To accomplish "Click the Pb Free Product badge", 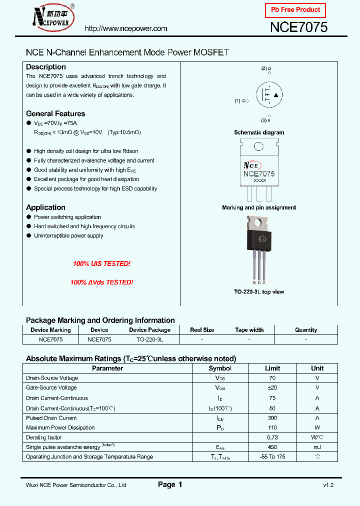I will pyautogui.click(x=295, y=10).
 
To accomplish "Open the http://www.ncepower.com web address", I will pyautogui.click(x=126, y=28).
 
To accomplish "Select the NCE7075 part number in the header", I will pyautogui.click(x=298, y=27).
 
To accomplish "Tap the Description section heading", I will pyautogui.click(x=46, y=67).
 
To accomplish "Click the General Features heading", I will pyautogui.click(x=55, y=113).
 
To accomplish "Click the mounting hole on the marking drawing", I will pyautogui.click(x=258, y=147).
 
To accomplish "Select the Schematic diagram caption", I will pyautogui.click(x=259, y=132).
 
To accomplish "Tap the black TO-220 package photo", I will pyautogui.click(x=258, y=240).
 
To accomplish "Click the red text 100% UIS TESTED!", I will pyautogui.click(x=101, y=263).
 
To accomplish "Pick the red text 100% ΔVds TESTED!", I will pyautogui.click(x=101, y=282).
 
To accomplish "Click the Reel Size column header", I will pyautogui.click(x=202, y=330).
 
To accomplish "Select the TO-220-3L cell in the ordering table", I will pyautogui.click(x=149, y=339).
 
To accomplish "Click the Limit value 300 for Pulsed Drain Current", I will pyautogui.click(x=272, y=418).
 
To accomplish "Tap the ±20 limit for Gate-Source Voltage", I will pyautogui.click(x=272, y=387).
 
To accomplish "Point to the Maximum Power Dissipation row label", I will pyautogui.click(x=60, y=427).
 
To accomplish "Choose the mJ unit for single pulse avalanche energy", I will pyautogui.click(x=317, y=447).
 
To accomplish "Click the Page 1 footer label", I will pyautogui.click(x=170, y=484).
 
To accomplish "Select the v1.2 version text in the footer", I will pyautogui.click(x=328, y=485).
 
